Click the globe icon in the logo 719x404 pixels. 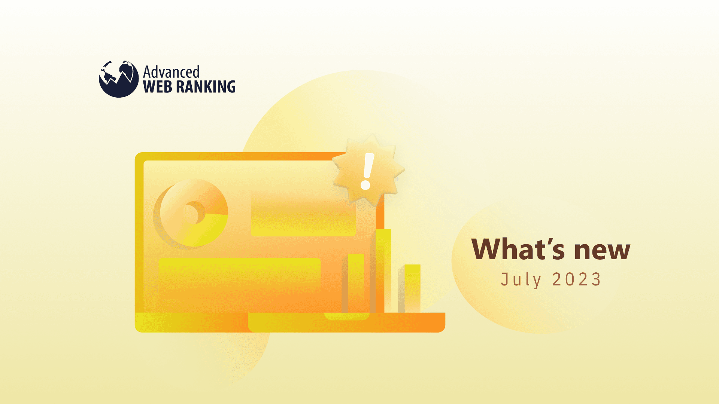pos(118,79)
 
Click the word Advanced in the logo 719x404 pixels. pos(171,72)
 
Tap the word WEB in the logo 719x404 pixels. pos(157,87)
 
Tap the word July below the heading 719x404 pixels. pos(521,280)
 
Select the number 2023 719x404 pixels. pos(577,280)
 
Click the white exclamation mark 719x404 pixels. pos(367,171)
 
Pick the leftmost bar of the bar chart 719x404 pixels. pos(356,283)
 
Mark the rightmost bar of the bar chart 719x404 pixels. pos(412,288)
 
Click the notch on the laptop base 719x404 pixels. pos(346,316)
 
